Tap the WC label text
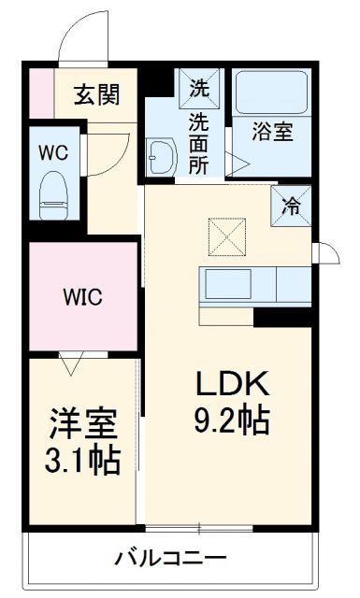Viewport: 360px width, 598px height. point(52,152)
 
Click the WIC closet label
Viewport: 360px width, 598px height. point(82,299)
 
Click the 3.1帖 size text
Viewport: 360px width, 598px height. point(84,461)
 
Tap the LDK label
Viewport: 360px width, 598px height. point(232,384)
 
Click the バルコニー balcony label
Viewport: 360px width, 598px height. point(169,559)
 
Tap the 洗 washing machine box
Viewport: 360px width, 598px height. point(199,89)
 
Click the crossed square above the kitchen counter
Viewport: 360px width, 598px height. point(224,235)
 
